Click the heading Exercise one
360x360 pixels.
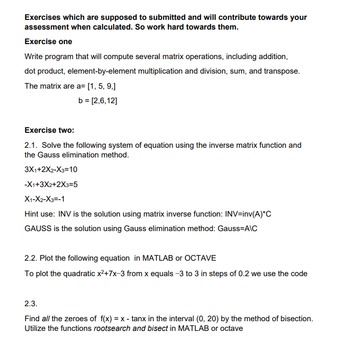point(48,42)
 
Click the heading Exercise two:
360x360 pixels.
point(49,130)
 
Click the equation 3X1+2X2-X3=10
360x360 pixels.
point(51,170)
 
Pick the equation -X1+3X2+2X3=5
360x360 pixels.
point(51,185)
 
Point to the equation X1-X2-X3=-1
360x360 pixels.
point(45,199)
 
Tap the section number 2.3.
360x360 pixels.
point(30,304)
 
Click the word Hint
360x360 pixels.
point(33,214)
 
